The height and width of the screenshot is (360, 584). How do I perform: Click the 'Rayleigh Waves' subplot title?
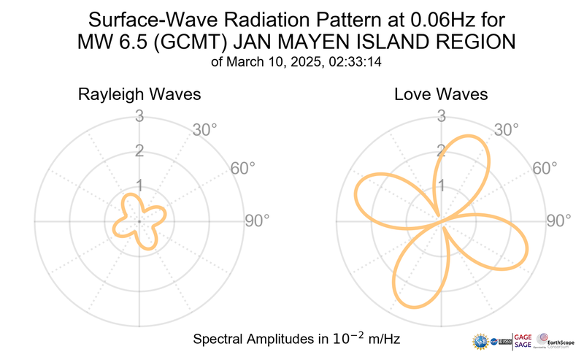coord(139,95)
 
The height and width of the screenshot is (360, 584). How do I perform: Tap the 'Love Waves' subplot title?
coord(441,95)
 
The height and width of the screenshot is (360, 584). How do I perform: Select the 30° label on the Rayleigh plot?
coord(205,131)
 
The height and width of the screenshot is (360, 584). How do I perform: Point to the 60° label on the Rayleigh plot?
coord(243,168)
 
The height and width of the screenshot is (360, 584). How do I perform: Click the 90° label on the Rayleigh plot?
coord(257,221)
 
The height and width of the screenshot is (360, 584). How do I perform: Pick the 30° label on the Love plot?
coord(507,131)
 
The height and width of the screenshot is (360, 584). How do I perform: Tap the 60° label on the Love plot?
coord(545,168)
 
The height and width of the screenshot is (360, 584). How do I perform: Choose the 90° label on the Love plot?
coord(559,221)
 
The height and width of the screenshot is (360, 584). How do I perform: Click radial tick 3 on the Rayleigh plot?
coord(139,116)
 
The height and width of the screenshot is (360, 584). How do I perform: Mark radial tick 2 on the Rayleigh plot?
coord(139,151)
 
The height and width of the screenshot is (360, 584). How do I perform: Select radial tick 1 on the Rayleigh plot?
coord(139,185)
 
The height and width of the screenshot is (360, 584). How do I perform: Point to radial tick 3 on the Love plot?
coord(441,116)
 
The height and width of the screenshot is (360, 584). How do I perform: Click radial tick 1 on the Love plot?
coord(441,185)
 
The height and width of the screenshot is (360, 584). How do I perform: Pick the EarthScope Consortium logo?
coord(556,341)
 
